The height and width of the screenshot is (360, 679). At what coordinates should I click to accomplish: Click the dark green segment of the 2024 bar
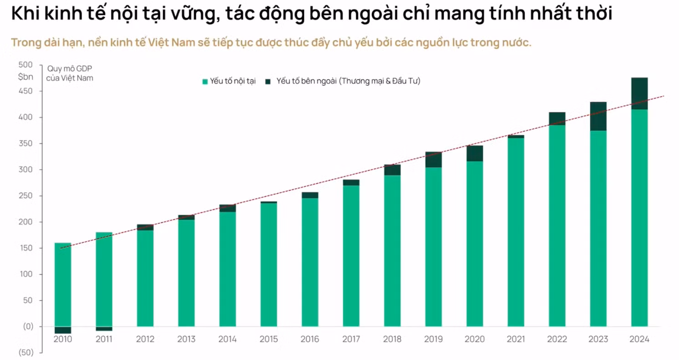[639, 93]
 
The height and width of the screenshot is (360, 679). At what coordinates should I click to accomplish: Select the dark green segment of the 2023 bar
[598, 116]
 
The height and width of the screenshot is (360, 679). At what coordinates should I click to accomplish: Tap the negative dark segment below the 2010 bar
[62, 330]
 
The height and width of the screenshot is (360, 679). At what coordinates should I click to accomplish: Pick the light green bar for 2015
[268, 264]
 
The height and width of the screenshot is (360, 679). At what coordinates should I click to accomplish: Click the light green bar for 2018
[392, 251]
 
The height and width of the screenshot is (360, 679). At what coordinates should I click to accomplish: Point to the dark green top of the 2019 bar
[433, 159]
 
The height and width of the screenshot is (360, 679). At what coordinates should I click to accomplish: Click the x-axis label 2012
[145, 339]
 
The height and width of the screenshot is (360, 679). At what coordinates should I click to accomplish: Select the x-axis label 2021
[515, 339]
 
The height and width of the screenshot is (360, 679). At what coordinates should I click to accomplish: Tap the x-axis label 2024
[639, 339]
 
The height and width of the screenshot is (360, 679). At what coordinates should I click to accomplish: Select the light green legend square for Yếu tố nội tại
[205, 82]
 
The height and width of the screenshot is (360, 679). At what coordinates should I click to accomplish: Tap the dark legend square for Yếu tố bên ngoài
[267, 82]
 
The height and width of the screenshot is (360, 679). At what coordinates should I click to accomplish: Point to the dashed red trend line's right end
[663, 96]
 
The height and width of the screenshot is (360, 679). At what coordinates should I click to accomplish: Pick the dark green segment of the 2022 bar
[557, 118]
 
